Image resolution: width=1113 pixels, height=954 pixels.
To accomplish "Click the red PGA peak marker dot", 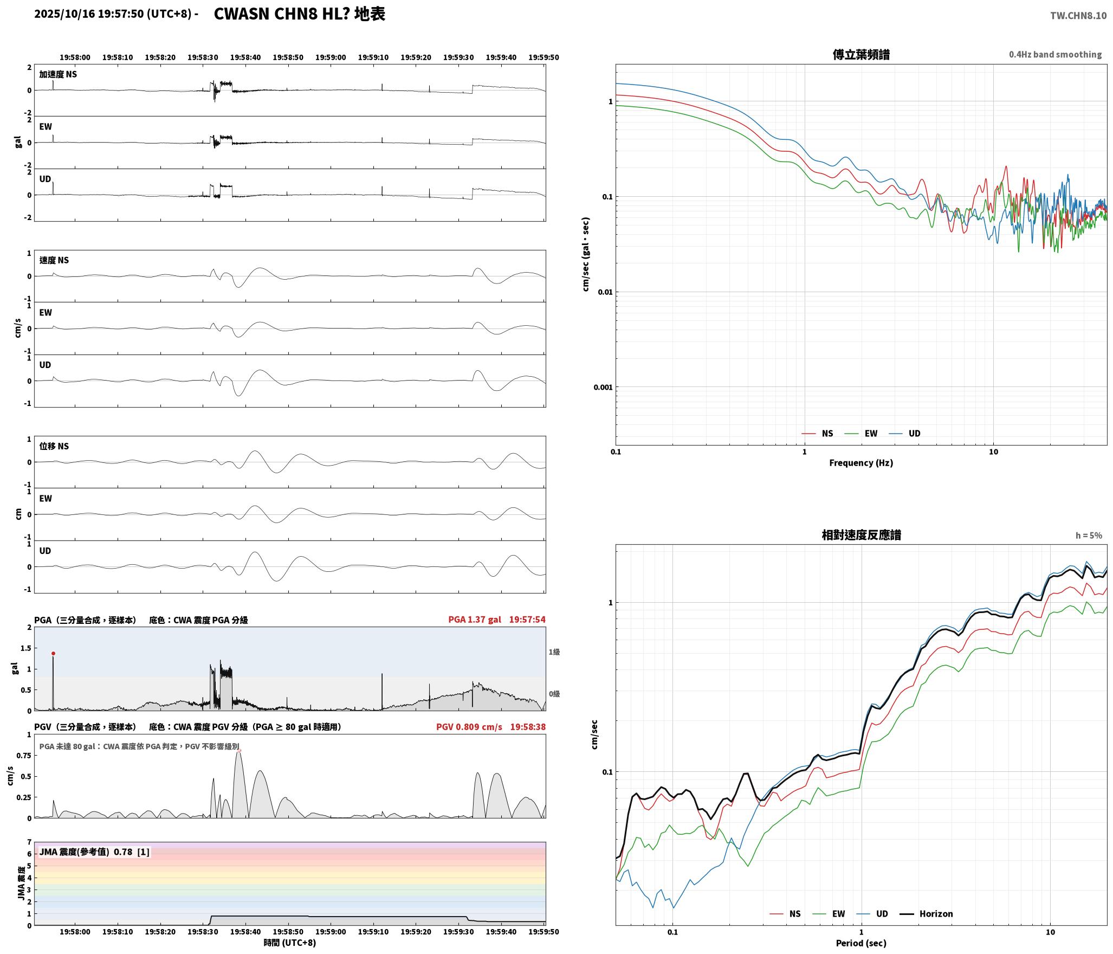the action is (x=53, y=654).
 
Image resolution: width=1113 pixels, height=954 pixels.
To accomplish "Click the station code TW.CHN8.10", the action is (x=1078, y=16).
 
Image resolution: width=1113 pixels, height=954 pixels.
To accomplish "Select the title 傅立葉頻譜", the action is (x=861, y=55).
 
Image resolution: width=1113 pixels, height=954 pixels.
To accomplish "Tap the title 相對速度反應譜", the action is (x=861, y=535).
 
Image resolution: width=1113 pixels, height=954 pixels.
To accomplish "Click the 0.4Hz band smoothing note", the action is (x=1055, y=55).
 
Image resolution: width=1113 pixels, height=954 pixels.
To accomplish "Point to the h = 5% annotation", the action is (x=1089, y=536).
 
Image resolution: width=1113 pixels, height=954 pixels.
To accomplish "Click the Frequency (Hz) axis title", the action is (x=861, y=463).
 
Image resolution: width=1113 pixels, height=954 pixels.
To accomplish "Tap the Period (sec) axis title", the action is (x=861, y=943).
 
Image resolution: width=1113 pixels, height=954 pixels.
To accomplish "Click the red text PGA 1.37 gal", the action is (x=475, y=620).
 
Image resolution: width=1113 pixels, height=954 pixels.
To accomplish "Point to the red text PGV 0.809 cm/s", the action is (x=469, y=727).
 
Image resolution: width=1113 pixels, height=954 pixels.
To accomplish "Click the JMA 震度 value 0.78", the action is (x=123, y=852).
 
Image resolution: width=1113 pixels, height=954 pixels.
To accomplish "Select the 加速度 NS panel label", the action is (x=58, y=74).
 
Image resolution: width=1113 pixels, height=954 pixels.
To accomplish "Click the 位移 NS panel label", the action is (x=54, y=446).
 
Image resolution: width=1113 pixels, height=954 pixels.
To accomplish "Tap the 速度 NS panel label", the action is (x=54, y=260).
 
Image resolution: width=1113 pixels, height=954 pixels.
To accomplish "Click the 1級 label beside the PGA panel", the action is (x=554, y=652).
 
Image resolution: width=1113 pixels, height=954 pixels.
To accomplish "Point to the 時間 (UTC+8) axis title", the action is (x=290, y=943).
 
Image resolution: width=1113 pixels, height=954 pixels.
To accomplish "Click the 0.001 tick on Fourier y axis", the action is (x=603, y=388).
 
